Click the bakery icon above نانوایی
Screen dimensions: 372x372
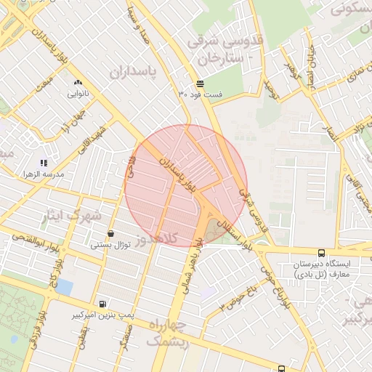pyautogui.click(x=78, y=83)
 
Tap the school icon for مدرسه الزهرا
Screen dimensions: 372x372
pyautogui.click(x=43, y=163)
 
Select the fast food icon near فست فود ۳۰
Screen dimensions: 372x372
pyautogui.click(x=200, y=84)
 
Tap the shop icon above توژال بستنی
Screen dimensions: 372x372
pyautogui.click(x=110, y=234)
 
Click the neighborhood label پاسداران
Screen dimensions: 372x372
pyautogui.click(x=134, y=72)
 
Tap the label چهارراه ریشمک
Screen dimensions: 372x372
pyautogui.click(x=168, y=332)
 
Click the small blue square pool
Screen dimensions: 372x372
pyautogui.click(x=64, y=287)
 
